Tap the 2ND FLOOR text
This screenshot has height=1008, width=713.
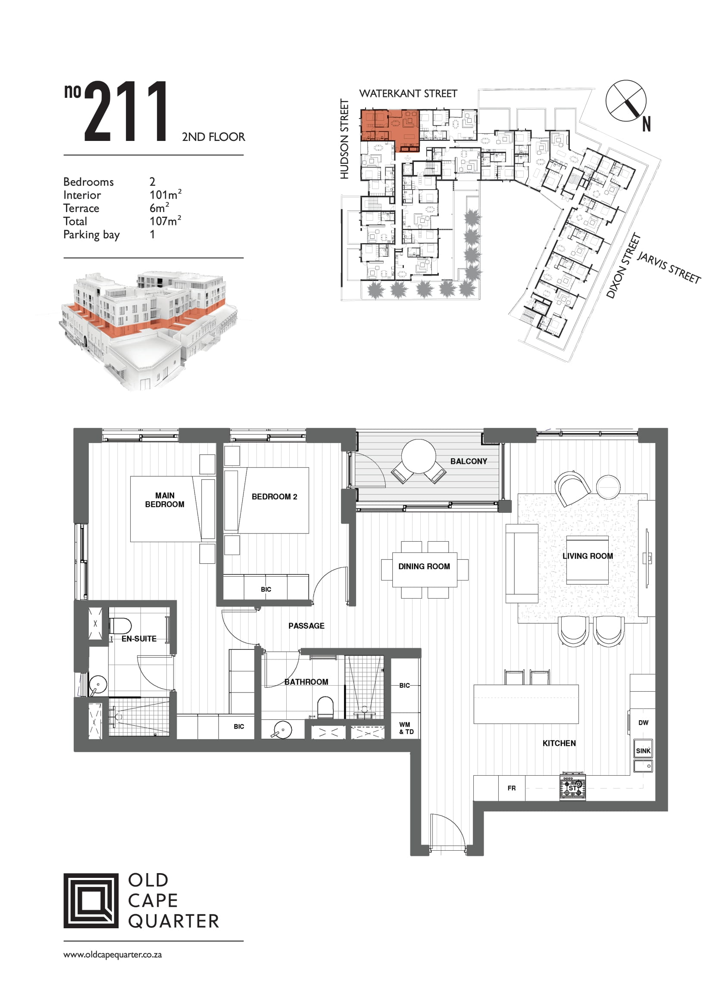coord(213,137)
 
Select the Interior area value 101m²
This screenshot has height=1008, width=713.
coord(166,194)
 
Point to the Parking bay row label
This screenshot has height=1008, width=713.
coord(91,235)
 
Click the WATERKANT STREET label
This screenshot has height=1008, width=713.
coord(408,94)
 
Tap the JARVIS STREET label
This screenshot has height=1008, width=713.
coord(669,267)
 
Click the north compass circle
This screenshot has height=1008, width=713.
coord(625,100)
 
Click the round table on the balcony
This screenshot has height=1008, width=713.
coord(419,456)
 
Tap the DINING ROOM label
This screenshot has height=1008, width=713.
coord(424,566)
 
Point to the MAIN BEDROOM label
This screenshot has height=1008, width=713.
coord(165,499)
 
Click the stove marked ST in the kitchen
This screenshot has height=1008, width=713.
coord(572,788)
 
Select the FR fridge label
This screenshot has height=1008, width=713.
coord(512,788)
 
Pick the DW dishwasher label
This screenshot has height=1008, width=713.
coord(643,723)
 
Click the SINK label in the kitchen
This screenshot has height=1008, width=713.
coord(643,751)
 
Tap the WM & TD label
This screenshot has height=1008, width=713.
coord(406,728)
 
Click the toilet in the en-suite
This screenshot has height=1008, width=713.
coord(120,626)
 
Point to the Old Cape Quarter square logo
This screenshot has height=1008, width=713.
coord(91,900)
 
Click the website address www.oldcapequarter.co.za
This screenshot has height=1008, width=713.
coord(113,955)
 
